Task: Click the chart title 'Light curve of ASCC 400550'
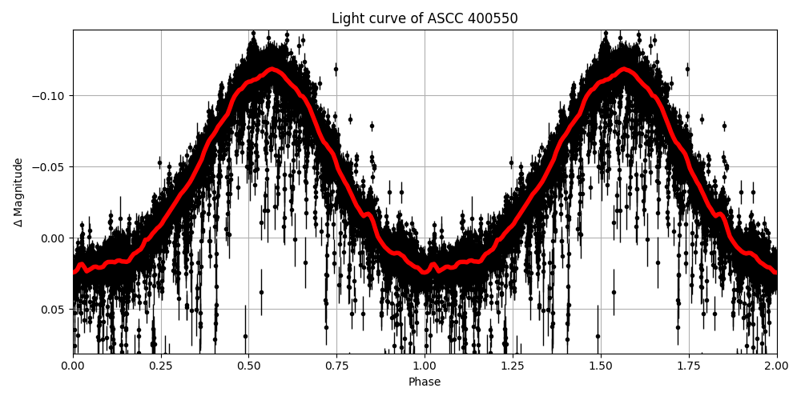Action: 425,18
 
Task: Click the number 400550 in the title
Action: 494,18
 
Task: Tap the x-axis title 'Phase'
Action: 425,382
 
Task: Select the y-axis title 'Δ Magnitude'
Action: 18,192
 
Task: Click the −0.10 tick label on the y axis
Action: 49,96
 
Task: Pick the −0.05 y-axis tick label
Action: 49,167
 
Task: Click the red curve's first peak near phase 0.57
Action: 272,70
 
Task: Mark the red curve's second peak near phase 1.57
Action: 624,70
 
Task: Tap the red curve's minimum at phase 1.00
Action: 425,272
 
